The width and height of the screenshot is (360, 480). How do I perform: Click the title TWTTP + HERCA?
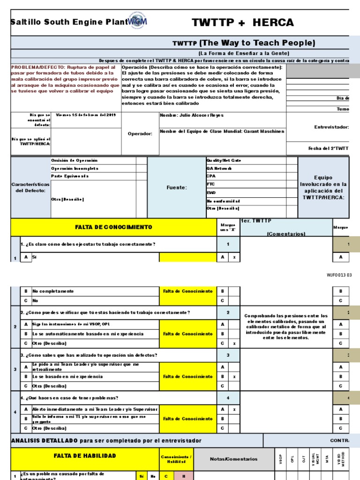click(243, 22)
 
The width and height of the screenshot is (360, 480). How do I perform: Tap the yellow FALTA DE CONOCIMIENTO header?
click(114, 227)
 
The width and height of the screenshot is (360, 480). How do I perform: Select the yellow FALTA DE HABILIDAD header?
click(85, 455)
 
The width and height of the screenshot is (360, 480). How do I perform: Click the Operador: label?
click(140, 134)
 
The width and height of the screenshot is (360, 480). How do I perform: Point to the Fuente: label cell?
click(176, 187)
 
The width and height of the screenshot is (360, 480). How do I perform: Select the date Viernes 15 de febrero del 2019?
click(86, 115)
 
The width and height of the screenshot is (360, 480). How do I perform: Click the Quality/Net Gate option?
click(224, 160)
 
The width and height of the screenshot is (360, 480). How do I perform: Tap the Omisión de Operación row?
click(74, 160)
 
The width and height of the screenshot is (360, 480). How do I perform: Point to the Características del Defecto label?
click(30, 187)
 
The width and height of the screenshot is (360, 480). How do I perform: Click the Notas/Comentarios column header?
click(233, 459)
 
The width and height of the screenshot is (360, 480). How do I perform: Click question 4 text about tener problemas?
click(69, 397)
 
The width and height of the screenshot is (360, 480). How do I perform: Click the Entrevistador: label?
click(331, 127)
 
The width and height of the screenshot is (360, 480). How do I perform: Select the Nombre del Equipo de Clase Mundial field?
click(222, 132)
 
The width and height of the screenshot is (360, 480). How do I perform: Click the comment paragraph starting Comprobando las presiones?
click(285, 327)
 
